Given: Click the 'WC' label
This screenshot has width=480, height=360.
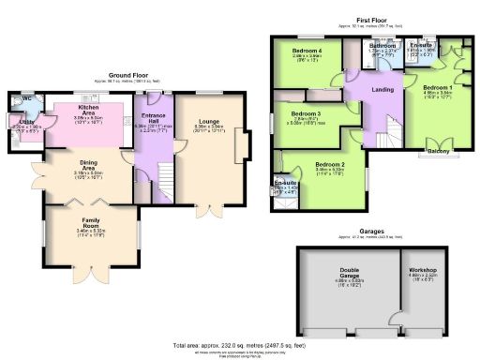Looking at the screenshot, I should point(25,98).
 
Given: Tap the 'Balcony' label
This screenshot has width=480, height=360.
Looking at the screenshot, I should point(438,150).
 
